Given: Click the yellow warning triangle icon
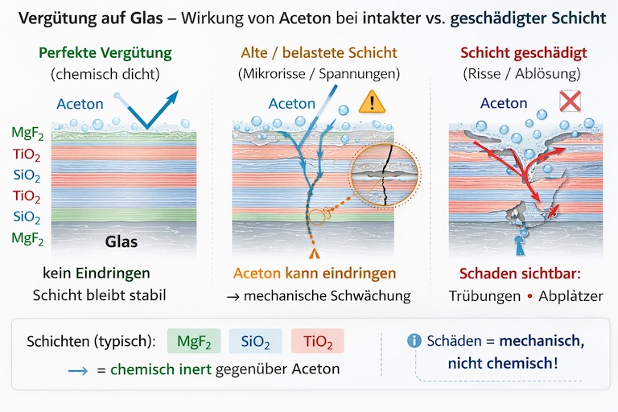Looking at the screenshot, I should (x=372, y=101).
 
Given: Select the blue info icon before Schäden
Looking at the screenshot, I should (x=414, y=340).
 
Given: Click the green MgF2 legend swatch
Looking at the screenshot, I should (x=193, y=340).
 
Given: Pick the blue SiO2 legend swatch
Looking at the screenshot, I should (x=254, y=340).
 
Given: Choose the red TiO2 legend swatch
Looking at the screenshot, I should (x=317, y=340).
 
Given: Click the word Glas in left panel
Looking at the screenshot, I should (x=123, y=241).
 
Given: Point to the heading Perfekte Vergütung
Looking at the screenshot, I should (x=105, y=53).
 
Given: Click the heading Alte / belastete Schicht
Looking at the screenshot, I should (x=319, y=53).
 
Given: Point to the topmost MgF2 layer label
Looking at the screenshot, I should (x=28, y=133).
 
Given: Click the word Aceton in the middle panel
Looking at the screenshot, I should (x=292, y=103).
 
